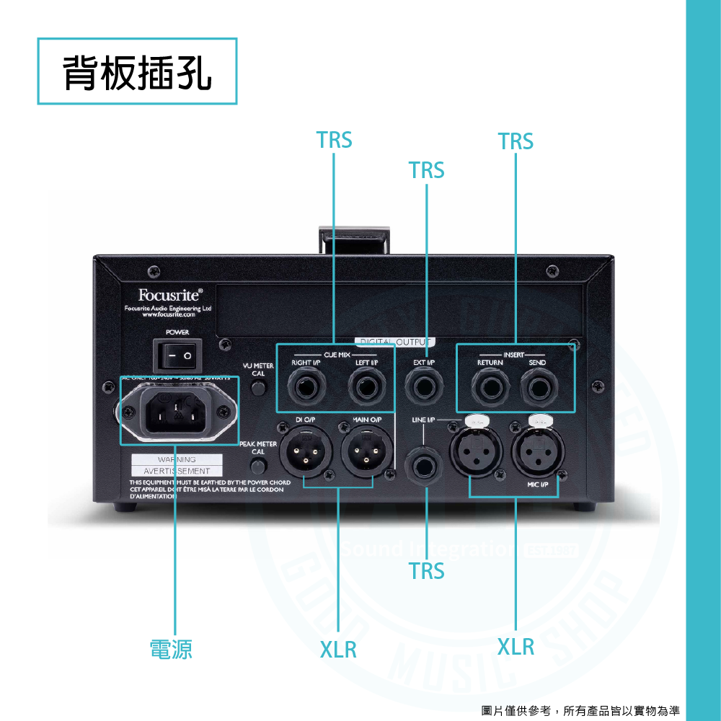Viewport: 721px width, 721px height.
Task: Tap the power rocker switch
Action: tap(177, 356)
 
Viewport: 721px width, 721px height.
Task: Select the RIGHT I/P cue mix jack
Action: tap(305, 387)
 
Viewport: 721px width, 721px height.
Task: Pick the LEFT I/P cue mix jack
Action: tap(366, 387)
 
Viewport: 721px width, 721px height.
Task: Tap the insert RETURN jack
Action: tap(490, 388)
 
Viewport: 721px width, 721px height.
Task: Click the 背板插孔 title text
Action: tap(137, 72)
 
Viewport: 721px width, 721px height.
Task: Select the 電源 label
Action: tap(171, 649)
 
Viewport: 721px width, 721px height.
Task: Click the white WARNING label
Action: tap(177, 460)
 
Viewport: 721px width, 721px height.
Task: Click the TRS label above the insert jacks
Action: tap(516, 141)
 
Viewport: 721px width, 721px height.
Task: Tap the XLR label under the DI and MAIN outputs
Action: tap(338, 649)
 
